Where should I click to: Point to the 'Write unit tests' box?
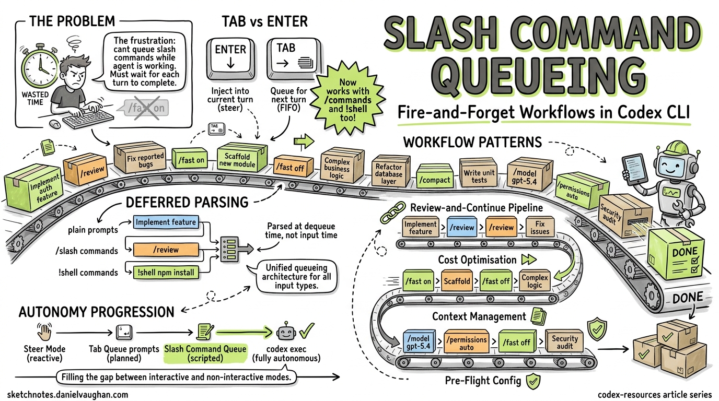click(479, 173)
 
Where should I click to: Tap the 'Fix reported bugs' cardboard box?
click(138, 160)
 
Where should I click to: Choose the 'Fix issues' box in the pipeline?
click(539, 227)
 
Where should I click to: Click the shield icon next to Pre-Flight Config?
click(532, 381)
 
